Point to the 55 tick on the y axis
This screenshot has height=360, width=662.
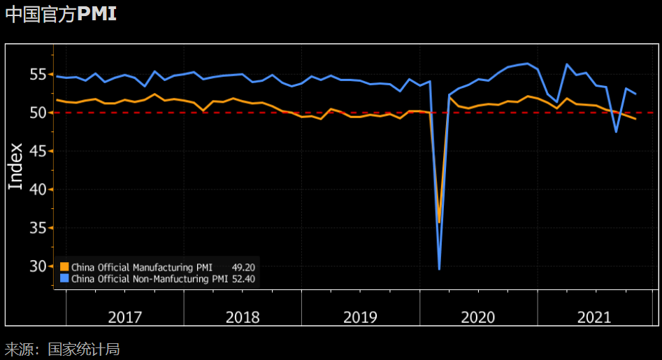(x=37, y=74)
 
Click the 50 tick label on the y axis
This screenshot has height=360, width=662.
(x=37, y=113)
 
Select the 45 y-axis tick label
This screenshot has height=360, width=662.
(x=37, y=151)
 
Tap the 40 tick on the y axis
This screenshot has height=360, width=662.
(x=37, y=189)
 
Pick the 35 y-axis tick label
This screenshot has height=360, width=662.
(x=37, y=228)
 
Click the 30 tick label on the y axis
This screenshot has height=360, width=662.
(x=37, y=266)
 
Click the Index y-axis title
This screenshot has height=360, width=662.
(x=15, y=166)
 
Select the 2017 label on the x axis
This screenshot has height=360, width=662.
(x=125, y=317)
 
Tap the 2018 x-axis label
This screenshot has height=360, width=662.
(x=243, y=317)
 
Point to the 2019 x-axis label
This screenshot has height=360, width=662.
(x=360, y=317)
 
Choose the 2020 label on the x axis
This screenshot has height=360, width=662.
(x=478, y=317)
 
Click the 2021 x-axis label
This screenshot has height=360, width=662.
(x=594, y=317)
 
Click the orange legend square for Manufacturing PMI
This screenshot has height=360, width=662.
(x=64, y=266)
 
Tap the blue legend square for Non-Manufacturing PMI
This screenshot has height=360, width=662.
(x=64, y=278)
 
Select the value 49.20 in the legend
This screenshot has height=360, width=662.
(x=243, y=266)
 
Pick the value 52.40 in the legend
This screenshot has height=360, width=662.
(x=243, y=278)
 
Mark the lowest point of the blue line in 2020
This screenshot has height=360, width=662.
(x=439, y=269)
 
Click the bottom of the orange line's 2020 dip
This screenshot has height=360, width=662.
(x=439, y=222)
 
